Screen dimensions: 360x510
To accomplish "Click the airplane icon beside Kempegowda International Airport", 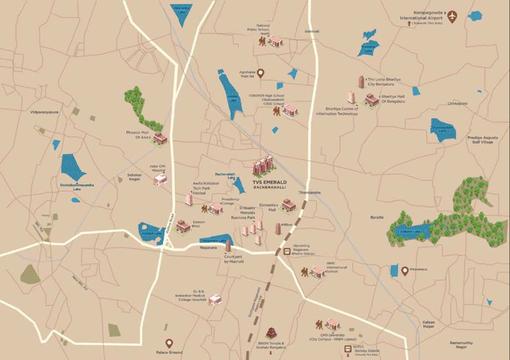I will [x=451, y=17].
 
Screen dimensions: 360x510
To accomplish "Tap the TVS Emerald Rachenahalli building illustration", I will [x=263, y=167].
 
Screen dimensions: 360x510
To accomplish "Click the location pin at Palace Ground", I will [x=170, y=344].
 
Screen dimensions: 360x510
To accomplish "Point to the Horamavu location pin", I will [x=405, y=271].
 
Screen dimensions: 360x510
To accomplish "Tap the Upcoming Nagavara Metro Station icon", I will [x=286, y=252].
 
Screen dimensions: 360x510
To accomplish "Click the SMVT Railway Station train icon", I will [x=348, y=349].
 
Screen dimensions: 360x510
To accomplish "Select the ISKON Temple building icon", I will [x=271, y=333].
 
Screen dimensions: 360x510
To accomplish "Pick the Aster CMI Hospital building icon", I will [x=160, y=179].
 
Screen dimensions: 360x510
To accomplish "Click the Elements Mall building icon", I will [x=289, y=205].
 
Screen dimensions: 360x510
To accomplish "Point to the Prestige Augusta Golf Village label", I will [x=481, y=139].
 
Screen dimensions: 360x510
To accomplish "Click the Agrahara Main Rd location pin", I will [x=260, y=72].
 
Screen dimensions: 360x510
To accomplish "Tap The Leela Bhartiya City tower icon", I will [x=361, y=82].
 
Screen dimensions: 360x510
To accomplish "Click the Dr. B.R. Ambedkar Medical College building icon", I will [x=215, y=300].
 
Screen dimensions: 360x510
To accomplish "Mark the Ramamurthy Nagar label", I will [x=461, y=345].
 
